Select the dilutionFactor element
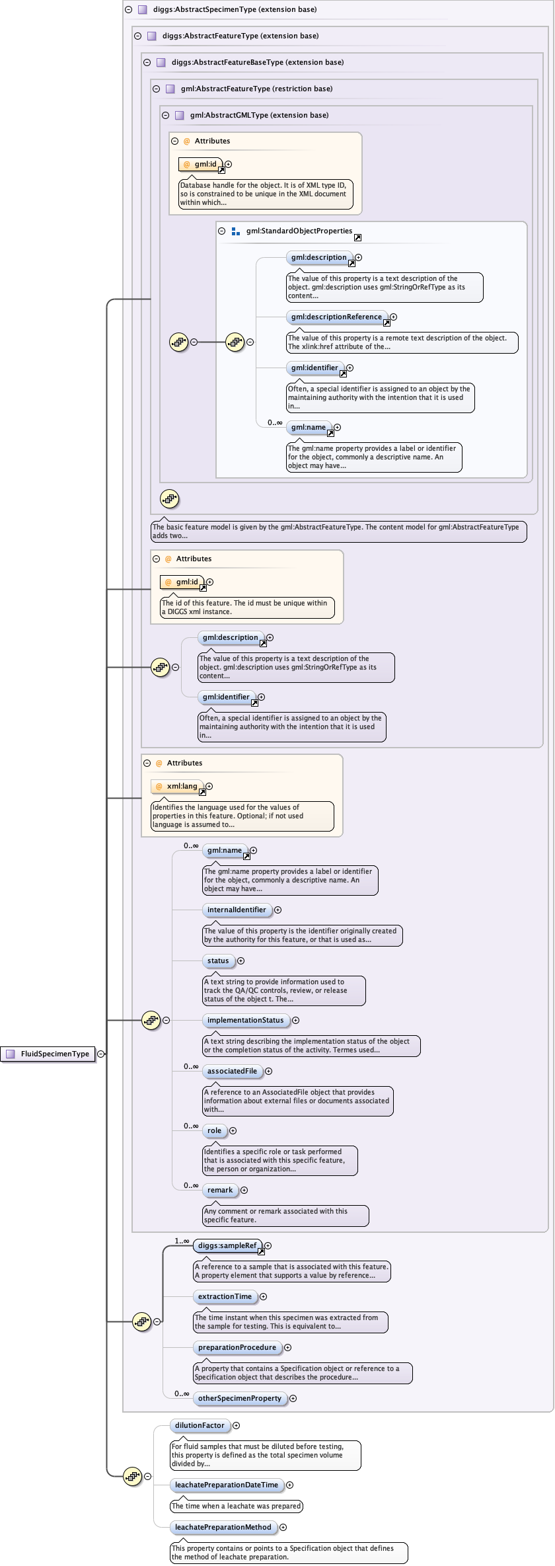[200, 1425]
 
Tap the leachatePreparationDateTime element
[227, 1485]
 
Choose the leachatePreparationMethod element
[223, 1527]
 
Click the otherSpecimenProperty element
[240, 1398]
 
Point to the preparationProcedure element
[237, 1347]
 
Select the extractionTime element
[225, 1296]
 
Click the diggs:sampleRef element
[227, 1245]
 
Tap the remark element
[220, 1190]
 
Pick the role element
[214, 1130]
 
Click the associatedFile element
[232, 1071]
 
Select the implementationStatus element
[245, 1020]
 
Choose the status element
[218, 960]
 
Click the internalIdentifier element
[237, 910]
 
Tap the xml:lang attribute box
[179, 786]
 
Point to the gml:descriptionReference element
[336, 317]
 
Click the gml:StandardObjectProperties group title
[299, 231]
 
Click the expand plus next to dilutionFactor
[236, 1425]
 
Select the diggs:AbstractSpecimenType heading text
[235, 9]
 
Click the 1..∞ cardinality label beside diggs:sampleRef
[182, 1241]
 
